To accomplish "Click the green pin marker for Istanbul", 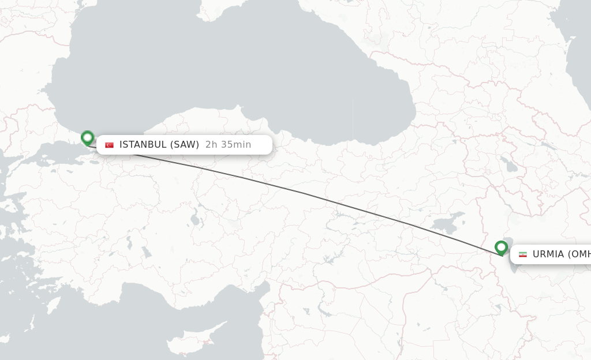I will pos(87,138).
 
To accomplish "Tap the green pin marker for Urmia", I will pos(501,247).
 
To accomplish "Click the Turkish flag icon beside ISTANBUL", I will pos(109,145).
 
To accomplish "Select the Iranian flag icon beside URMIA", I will pos(522,254).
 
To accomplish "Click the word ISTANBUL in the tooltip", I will pos(143,145).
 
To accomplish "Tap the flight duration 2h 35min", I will pos(228,145).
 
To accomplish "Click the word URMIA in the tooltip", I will pos(548,254).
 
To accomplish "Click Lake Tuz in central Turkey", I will pos(195,220).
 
